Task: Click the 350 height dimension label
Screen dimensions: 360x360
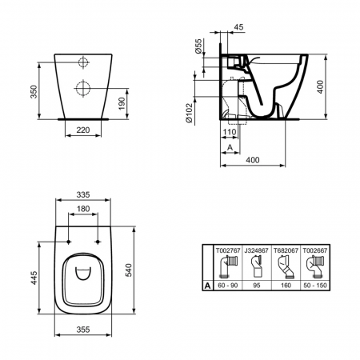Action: point(34,92)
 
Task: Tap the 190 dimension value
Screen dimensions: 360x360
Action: point(122,103)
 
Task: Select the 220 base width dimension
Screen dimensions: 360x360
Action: point(83,130)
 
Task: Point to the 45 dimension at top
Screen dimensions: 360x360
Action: point(238,27)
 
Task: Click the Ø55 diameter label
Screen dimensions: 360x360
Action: point(198,46)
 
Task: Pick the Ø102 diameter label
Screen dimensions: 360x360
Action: point(189,113)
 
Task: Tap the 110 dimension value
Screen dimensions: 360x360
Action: point(230,132)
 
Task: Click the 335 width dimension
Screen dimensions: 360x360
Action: point(83,194)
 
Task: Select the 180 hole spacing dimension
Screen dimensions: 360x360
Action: point(83,209)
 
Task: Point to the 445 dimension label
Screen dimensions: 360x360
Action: point(34,278)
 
